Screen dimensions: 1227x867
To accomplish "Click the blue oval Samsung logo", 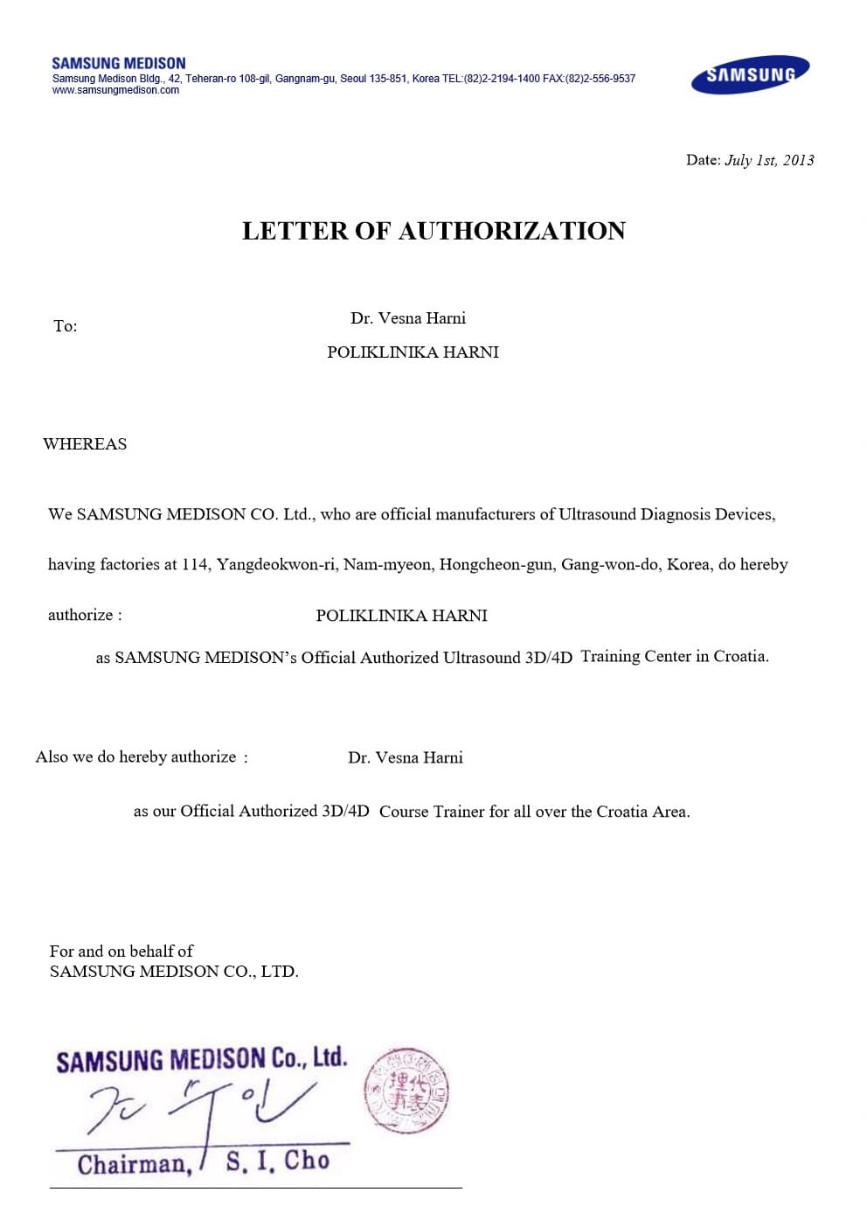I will point(750,75).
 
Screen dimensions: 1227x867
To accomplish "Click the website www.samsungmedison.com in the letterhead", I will point(115,90).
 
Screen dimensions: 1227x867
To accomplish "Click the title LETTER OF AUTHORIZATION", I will point(433,231).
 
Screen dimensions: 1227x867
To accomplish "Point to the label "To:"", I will point(65,326).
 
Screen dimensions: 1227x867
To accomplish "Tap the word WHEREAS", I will point(85,444).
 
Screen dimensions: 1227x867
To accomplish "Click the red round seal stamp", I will point(406,1090).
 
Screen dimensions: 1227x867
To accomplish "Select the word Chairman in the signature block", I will point(134,1164).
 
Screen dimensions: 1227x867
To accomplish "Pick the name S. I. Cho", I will point(277,1161).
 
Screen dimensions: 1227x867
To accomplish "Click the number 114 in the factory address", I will point(195,565).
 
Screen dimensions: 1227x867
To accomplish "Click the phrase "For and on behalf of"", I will point(121,951).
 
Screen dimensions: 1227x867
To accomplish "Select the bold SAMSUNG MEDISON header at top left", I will point(119,63).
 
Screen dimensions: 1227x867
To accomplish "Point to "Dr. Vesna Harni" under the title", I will point(408,318).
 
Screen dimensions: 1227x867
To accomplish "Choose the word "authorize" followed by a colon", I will point(80,615).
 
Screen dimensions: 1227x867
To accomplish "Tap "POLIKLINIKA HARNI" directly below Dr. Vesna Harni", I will point(413,352).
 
